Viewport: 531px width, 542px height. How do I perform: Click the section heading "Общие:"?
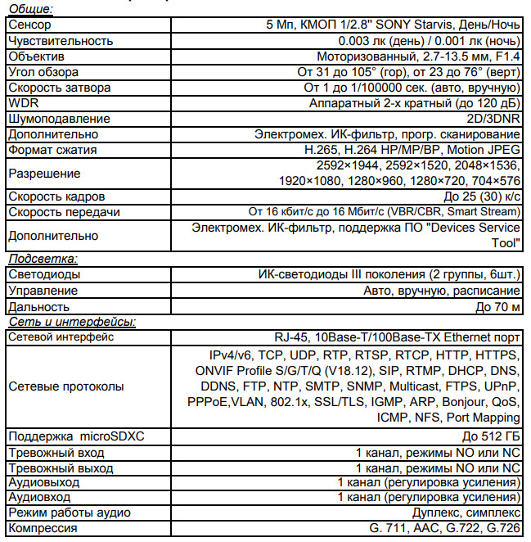click(29, 9)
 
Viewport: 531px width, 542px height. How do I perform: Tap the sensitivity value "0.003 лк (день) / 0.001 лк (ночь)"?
click(429, 41)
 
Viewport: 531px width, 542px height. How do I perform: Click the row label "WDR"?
click(20, 103)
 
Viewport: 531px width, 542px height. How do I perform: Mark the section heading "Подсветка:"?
click(42, 259)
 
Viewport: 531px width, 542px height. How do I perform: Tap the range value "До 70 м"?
click(497, 306)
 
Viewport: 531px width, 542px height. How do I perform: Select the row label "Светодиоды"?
click(43, 275)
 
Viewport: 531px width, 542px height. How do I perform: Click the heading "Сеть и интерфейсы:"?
click(72, 322)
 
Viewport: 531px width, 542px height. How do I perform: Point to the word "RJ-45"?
click(291, 337)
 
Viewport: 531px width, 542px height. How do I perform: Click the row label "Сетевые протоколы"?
click(66, 386)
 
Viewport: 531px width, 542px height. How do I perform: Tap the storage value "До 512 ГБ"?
click(491, 436)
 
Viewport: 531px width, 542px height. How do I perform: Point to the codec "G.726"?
click(502, 529)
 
